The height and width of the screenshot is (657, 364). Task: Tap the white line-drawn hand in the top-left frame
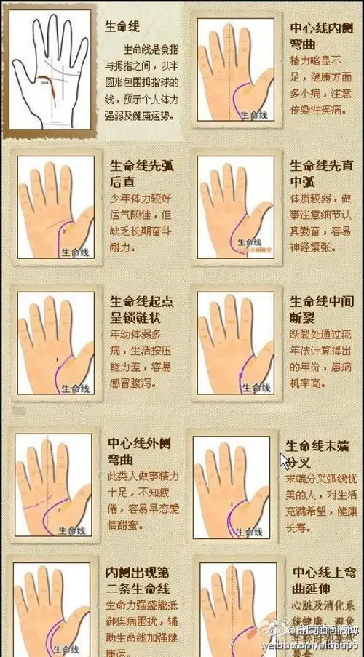pyautogui.click(x=51, y=71)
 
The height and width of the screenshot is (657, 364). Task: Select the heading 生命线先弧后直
pyautogui.click(x=142, y=174)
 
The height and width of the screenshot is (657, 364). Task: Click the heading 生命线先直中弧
pyautogui.click(x=315, y=174)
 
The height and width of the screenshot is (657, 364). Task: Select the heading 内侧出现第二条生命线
pyautogui.click(x=139, y=583)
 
